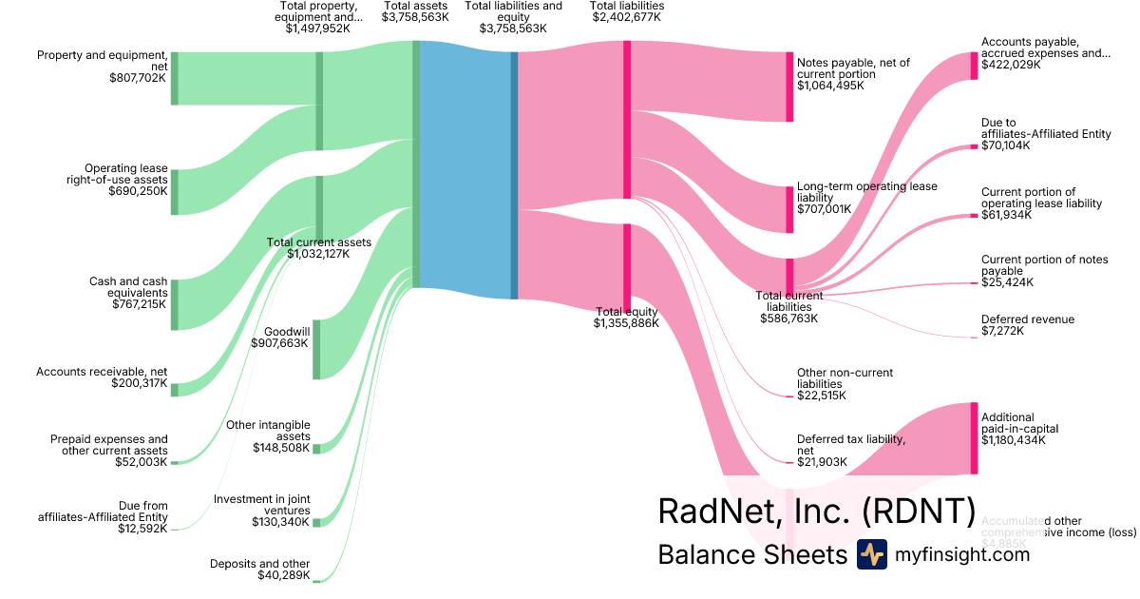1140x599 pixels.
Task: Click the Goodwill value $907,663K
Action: tap(281, 343)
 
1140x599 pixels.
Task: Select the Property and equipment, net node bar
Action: tap(175, 78)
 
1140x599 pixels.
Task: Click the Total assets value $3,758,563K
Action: tap(415, 17)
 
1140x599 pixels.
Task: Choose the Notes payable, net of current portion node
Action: tap(788, 87)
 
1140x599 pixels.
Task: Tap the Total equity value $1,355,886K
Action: tap(626, 324)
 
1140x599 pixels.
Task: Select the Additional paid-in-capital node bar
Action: tap(974, 437)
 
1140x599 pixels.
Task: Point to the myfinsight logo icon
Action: tap(871, 554)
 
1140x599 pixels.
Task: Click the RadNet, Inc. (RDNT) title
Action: tap(816, 512)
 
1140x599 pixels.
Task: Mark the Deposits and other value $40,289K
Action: tap(283, 575)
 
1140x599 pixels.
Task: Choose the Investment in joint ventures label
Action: tap(262, 505)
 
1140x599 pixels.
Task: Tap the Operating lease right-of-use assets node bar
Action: tap(175, 192)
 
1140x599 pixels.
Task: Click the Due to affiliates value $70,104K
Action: tap(1006, 146)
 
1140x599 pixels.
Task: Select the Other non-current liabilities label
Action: tap(845, 378)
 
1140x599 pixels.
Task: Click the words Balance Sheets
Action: tap(751, 554)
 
